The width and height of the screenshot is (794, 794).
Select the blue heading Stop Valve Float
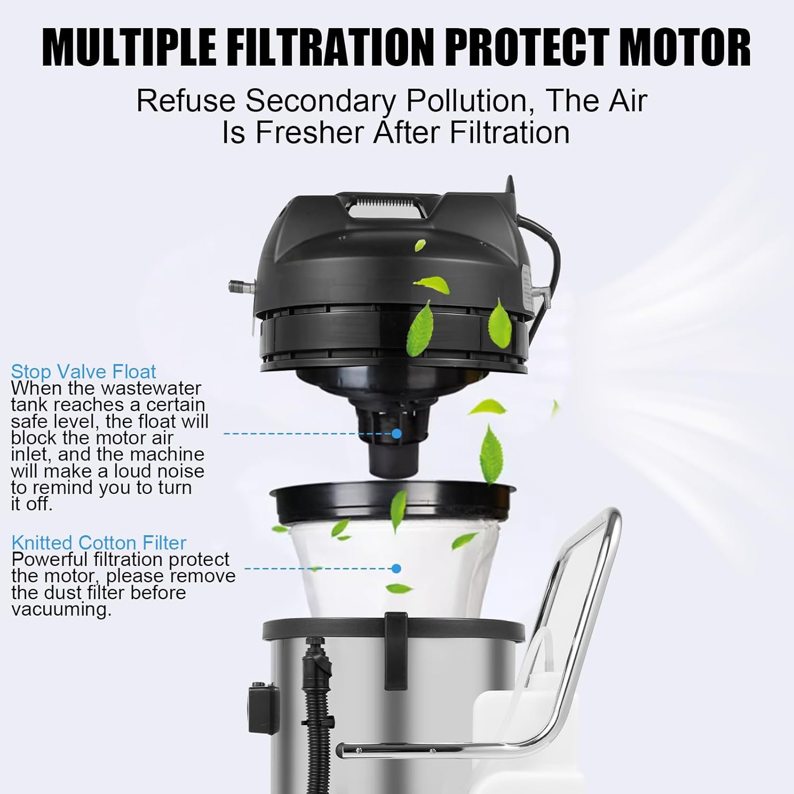[x=84, y=371]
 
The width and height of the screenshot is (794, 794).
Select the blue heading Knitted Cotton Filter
[x=99, y=543]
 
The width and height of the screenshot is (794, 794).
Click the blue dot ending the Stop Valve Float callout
[x=396, y=434]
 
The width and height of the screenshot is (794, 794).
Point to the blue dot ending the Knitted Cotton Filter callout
[x=396, y=569]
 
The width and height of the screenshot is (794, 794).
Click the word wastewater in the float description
[x=151, y=388]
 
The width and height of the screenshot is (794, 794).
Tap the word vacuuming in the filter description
[x=61, y=610]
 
